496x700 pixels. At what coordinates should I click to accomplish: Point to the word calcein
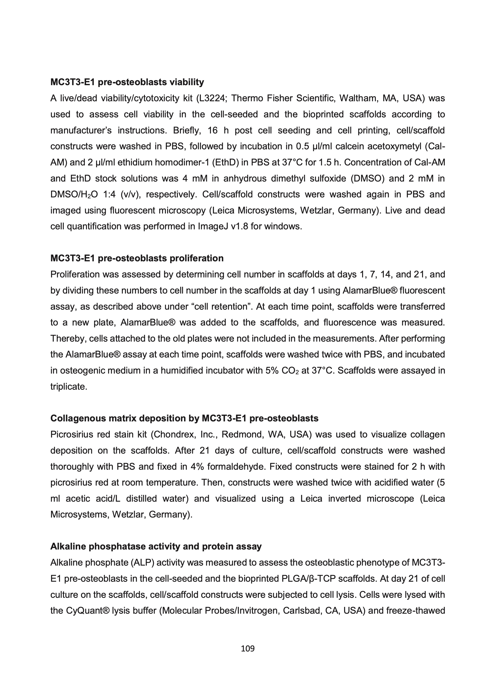tap(348, 146)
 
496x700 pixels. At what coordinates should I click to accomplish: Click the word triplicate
tap(69, 387)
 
